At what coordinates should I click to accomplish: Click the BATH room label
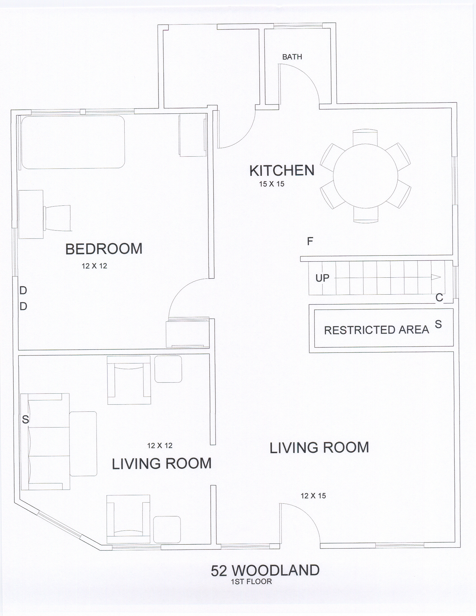292,57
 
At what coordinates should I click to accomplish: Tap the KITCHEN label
282,171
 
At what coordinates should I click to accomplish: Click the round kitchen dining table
365,176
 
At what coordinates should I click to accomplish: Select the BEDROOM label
104,249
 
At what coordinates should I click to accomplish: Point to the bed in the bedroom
73,142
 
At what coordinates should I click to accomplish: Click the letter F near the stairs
310,241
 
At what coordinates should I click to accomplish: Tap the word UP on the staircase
322,278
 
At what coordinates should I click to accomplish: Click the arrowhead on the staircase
436,277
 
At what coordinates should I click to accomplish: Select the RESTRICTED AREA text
376,330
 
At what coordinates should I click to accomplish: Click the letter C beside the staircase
439,298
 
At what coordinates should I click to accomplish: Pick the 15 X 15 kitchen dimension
272,184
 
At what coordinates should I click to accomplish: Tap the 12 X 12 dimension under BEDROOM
94,266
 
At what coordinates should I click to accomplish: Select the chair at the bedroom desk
57,218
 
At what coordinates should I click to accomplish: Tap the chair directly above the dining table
365,137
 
